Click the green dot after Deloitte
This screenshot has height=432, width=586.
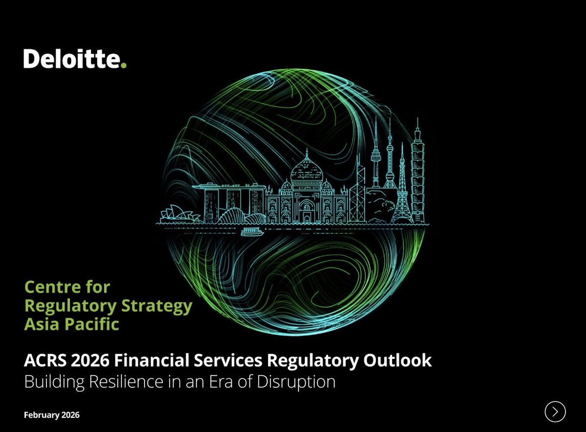point(124,65)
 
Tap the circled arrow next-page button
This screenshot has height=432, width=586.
point(555,411)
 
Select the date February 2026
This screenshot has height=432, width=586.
point(51,415)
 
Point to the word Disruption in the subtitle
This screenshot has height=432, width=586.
point(299,381)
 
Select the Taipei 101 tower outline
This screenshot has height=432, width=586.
point(418,171)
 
